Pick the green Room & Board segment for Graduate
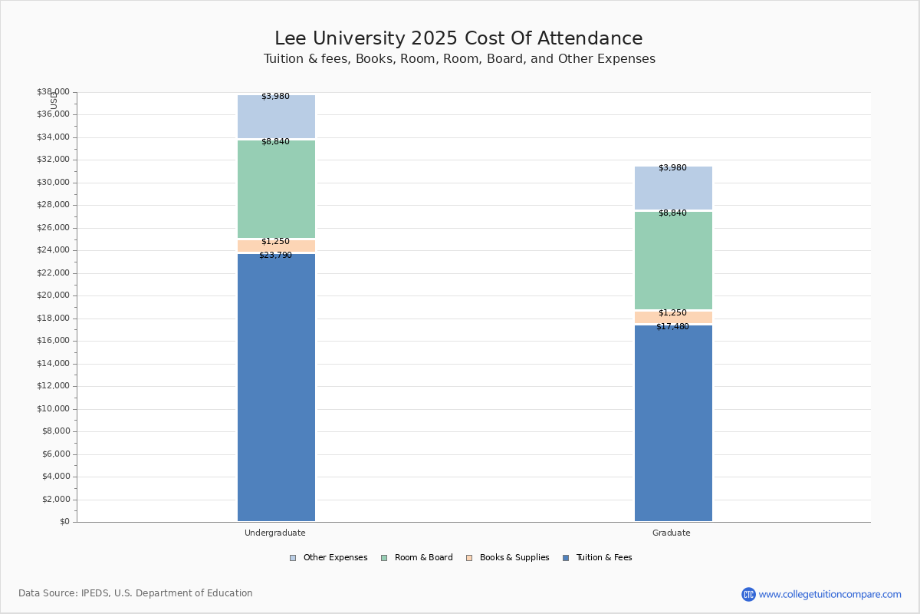pos(673,261)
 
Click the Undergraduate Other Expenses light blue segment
pos(276,117)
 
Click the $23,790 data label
pos(275,255)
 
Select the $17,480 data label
pos(672,326)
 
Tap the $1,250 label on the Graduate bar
pos(672,312)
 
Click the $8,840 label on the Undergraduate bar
pos(275,141)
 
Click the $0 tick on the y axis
pos(64,522)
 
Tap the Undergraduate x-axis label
pos(275,533)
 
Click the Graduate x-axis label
pos(672,533)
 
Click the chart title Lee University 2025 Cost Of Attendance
pos(458,38)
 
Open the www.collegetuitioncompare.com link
pos(830,594)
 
